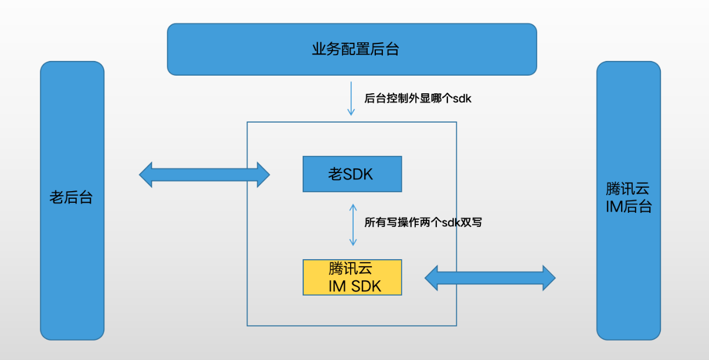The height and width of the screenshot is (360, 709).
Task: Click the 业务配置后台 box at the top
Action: [x=352, y=49]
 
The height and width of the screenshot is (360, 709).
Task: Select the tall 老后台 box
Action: [x=72, y=201]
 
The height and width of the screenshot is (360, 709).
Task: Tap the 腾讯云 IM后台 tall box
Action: [x=629, y=201]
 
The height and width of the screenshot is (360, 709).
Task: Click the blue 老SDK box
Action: [x=352, y=174]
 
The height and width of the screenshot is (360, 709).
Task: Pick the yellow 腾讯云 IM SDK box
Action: [x=352, y=277]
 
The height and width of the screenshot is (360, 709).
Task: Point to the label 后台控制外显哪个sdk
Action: [x=418, y=99]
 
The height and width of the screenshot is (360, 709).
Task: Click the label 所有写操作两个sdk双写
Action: [x=423, y=222]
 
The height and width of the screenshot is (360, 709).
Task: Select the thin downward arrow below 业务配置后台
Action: [x=351, y=99]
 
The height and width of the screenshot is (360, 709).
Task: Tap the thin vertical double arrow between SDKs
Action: [x=353, y=225]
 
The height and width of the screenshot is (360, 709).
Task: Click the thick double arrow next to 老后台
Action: [x=205, y=175]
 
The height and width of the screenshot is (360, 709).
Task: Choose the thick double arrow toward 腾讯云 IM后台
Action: [x=490, y=278]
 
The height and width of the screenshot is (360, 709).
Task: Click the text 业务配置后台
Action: [x=355, y=49]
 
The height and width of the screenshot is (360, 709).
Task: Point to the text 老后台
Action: [x=71, y=198]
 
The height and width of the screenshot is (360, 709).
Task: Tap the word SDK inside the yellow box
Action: [x=366, y=286]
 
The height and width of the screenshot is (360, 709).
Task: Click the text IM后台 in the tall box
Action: [x=629, y=206]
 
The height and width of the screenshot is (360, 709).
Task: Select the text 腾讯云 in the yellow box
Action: [x=350, y=269]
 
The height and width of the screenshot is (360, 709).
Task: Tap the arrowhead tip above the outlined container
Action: [x=351, y=116]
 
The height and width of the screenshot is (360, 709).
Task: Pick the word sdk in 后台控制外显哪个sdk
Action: [x=462, y=99]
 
